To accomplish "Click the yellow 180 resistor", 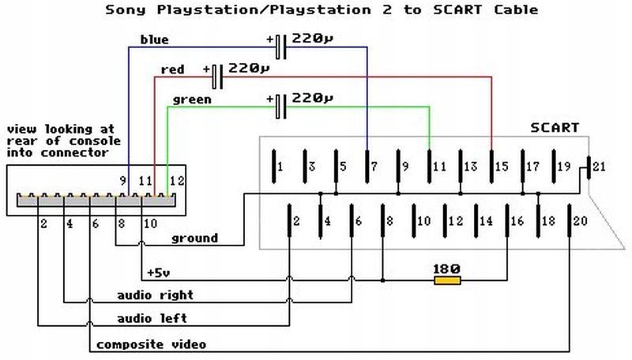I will [447, 279].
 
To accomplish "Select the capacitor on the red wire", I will [218, 77].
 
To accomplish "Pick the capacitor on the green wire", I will [280, 106].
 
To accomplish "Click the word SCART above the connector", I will [554, 127].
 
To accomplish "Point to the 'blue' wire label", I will [154, 39].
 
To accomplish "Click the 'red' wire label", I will [172, 69].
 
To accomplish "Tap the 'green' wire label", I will [191, 99].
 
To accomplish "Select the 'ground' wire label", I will [194, 238].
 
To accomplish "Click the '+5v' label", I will [159, 273].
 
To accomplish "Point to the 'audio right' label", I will [155, 295].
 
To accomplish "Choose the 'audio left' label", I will [152, 318].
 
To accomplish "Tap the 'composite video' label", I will [151, 344].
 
